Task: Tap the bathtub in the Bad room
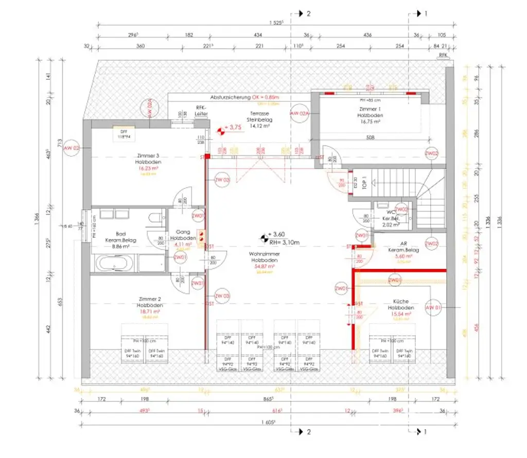click(x=114, y=263)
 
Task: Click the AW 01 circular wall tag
click(x=433, y=308)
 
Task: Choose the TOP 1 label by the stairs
click(x=363, y=184)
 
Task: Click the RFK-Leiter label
click(x=201, y=111)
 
